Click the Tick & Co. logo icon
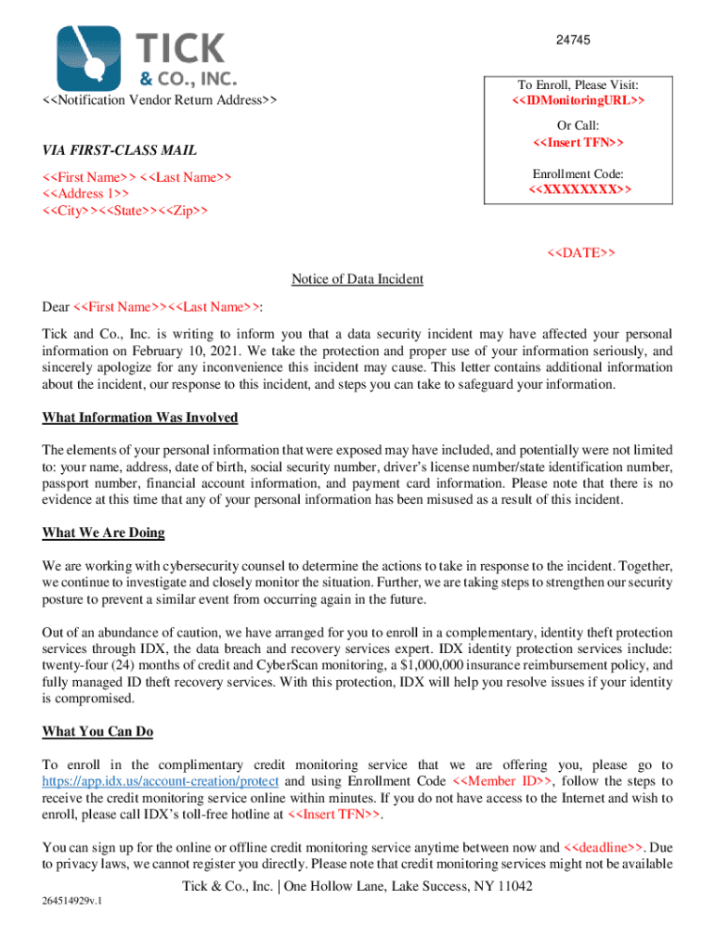(x=89, y=57)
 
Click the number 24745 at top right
(x=574, y=40)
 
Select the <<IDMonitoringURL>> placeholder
(x=578, y=100)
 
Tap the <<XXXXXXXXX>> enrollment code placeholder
(x=578, y=190)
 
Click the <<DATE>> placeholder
(x=581, y=252)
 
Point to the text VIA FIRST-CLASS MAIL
(x=119, y=151)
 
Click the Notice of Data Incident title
(x=357, y=279)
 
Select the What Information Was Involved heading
(x=139, y=418)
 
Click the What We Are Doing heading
(x=103, y=533)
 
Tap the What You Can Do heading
(x=97, y=732)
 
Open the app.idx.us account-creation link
(x=160, y=781)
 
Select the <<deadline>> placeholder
(x=604, y=848)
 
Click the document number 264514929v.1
(x=72, y=903)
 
